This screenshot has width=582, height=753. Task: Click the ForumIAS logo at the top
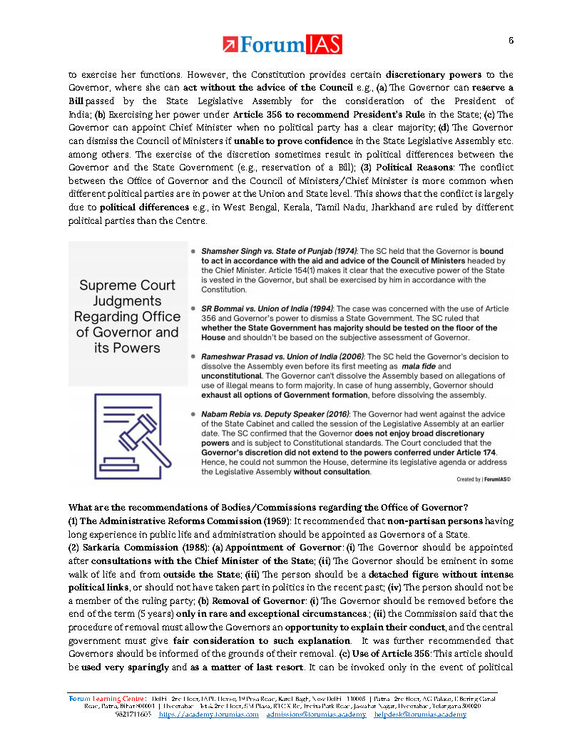click(x=282, y=45)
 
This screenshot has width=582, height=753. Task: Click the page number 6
click(x=511, y=40)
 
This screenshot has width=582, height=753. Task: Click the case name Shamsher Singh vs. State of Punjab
click(x=279, y=252)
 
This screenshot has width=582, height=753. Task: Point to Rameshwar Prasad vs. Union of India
click(x=283, y=356)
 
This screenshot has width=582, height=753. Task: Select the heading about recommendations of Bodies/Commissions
click(x=267, y=508)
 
